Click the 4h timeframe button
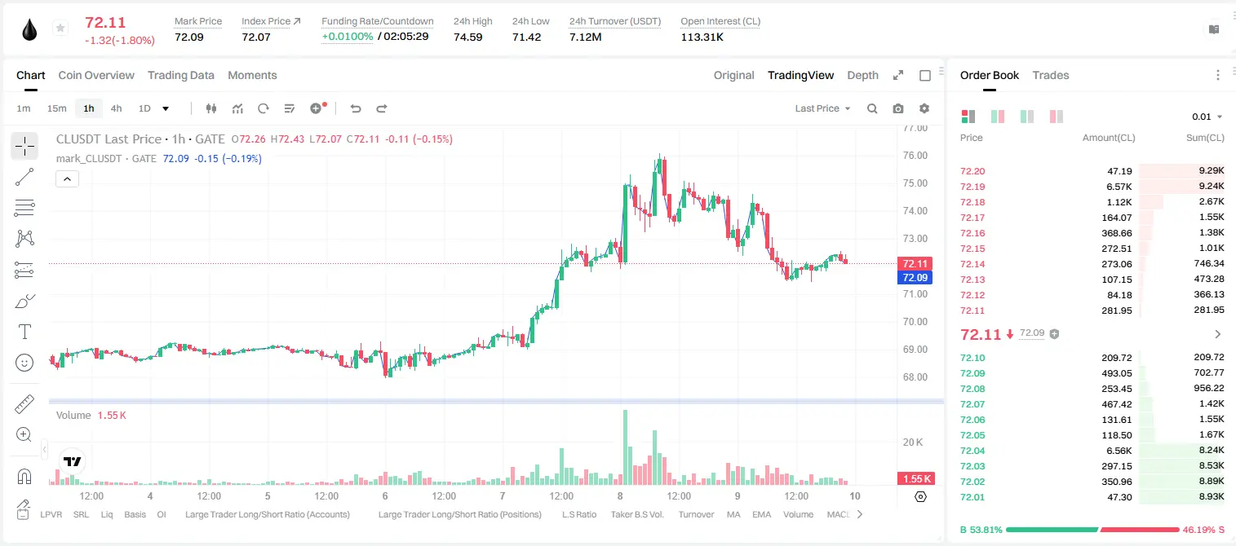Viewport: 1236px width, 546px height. click(116, 108)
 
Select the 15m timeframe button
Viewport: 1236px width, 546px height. click(56, 108)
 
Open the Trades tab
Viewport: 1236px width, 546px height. click(1051, 75)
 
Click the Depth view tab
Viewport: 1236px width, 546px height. click(862, 75)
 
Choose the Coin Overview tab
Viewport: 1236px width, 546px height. click(96, 75)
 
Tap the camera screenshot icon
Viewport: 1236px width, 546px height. click(898, 108)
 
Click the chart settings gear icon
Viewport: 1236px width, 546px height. click(924, 108)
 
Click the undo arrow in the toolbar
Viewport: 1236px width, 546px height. click(356, 108)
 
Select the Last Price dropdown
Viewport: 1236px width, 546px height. click(822, 108)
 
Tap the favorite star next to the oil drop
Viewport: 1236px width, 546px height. click(60, 28)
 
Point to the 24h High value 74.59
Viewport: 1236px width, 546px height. click(468, 37)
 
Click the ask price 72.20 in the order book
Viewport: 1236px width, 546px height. click(972, 171)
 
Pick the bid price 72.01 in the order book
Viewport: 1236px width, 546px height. click(972, 497)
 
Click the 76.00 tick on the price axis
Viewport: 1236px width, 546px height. click(915, 156)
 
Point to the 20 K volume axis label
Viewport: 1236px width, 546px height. click(913, 442)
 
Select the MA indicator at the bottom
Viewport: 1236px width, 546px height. click(733, 514)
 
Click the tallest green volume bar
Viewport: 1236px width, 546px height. click(625, 447)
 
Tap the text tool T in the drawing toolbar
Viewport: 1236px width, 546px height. click(24, 332)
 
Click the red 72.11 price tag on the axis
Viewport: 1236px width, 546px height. click(915, 263)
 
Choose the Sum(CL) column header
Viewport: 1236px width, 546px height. click(1205, 138)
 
